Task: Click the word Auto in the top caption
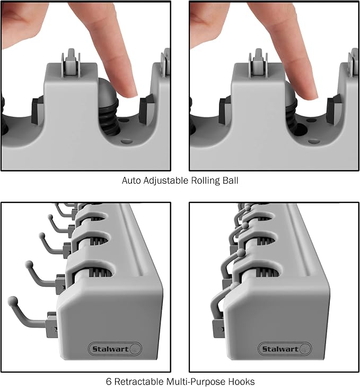coord(131,180)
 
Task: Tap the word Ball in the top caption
coord(230,180)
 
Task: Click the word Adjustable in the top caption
coord(166,181)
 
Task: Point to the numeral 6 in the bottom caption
coord(109,381)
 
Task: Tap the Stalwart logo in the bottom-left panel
coord(115,349)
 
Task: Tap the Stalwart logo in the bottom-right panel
coord(285,349)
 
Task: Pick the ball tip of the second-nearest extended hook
coord(29,264)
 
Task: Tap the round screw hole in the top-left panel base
coord(127,142)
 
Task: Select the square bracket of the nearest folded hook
coord(218,328)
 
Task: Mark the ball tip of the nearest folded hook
coord(234,286)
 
